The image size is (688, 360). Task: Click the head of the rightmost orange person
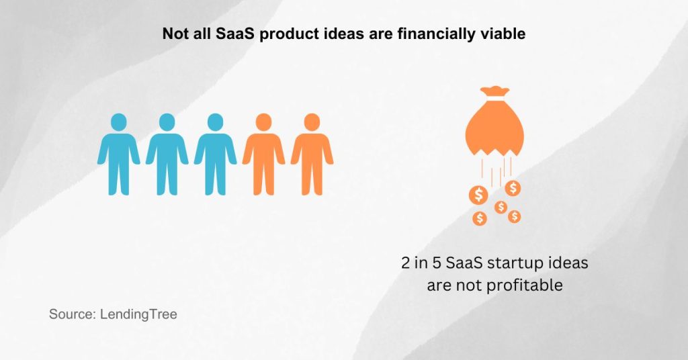(312, 122)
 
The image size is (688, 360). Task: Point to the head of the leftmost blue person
(118, 122)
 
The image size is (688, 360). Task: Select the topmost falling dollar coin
(513, 187)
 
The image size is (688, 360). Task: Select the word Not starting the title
(175, 34)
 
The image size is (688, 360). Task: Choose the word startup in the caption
(509, 263)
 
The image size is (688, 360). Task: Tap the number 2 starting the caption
(405, 263)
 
